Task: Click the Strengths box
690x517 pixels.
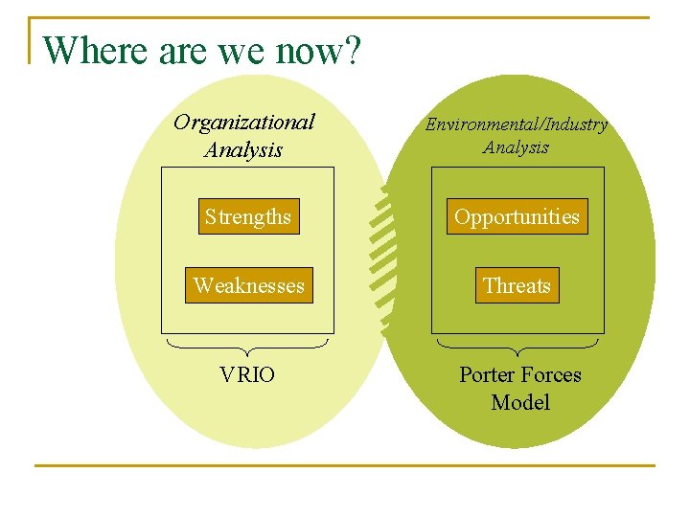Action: [x=247, y=216]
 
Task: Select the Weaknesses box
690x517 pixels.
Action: [x=248, y=285]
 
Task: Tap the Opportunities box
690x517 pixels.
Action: [x=517, y=216]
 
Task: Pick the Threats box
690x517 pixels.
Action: [x=517, y=285]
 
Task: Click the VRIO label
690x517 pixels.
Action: [x=246, y=374]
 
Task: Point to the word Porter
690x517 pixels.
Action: [x=490, y=374]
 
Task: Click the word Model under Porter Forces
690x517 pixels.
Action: [x=519, y=402]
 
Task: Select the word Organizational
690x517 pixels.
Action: [x=243, y=122]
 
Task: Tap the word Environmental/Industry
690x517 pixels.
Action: [x=516, y=124]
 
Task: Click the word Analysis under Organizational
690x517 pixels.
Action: [x=243, y=149]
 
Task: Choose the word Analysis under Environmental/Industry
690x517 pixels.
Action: [x=516, y=147]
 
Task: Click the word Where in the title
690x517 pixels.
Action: [x=96, y=50]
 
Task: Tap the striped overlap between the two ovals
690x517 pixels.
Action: [x=384, y=258]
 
